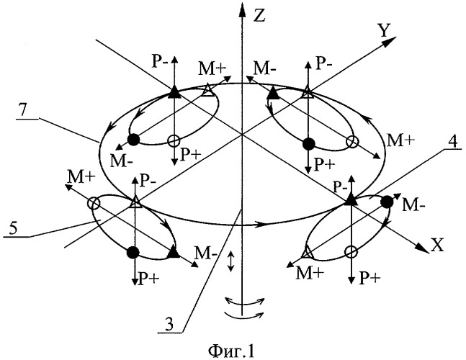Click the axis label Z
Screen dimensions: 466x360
[x=260, y=15]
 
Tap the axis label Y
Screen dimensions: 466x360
[x=384, y=30]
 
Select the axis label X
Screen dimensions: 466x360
[x=437, y=245]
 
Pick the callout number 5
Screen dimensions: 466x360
[x=13, y=228]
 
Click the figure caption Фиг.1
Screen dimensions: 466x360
[x=232, y=351]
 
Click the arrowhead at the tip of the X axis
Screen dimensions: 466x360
[x=423, y=248]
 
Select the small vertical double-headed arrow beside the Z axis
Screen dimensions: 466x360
[x=230, y=261]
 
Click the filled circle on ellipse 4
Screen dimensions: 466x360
[x=387, y=202]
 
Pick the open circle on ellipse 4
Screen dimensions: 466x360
[x=351, y=252]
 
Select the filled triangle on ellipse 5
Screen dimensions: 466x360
[x=174, y=252]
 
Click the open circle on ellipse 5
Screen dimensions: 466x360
[x=94, y=204]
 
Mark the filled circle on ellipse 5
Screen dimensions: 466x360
[x=133, y=252]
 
